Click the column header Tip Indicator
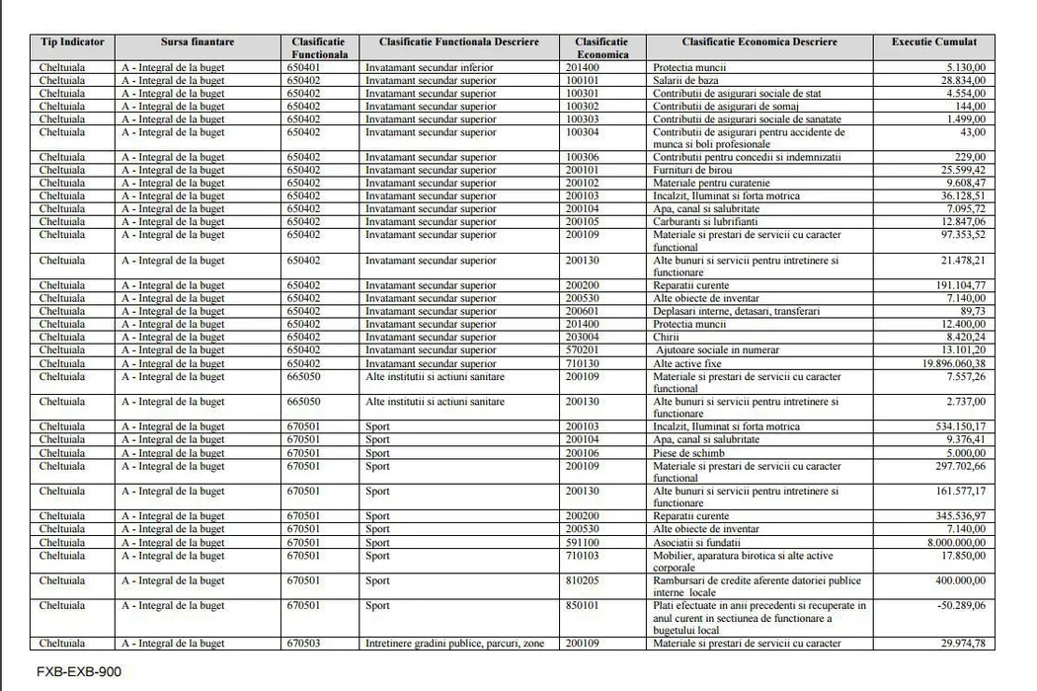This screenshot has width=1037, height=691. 72,42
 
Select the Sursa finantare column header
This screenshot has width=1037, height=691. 198,42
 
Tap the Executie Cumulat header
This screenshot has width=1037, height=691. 933,42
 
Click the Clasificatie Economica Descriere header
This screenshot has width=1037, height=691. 758,42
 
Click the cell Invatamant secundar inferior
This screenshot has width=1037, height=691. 429,67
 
